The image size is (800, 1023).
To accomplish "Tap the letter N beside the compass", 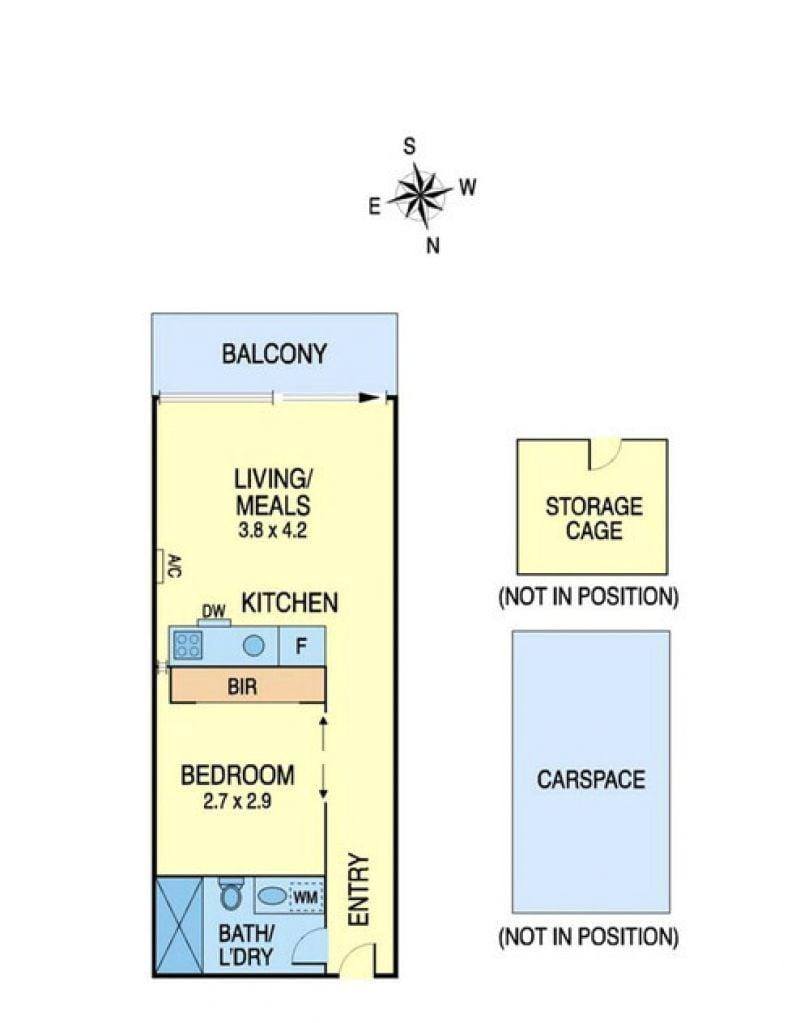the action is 433,246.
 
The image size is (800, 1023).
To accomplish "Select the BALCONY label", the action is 274,354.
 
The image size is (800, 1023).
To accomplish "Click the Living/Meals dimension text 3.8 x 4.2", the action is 272,530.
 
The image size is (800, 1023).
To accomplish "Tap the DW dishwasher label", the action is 213,611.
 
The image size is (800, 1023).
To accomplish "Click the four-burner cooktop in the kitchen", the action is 187,646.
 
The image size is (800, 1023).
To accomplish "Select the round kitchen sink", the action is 254,646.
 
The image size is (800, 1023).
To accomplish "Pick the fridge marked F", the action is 301,646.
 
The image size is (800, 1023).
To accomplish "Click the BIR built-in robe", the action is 247,686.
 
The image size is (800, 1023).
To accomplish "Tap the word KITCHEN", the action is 290,603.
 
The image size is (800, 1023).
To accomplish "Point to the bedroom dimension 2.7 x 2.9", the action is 237,801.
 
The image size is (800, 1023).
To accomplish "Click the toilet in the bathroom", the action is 230,893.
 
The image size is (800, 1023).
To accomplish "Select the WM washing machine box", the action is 305,898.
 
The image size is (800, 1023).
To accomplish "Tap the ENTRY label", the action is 360,889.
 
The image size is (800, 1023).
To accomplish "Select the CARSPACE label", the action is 591,780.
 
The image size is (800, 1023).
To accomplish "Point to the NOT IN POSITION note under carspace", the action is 589,937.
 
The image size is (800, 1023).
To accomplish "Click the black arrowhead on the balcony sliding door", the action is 370,397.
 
